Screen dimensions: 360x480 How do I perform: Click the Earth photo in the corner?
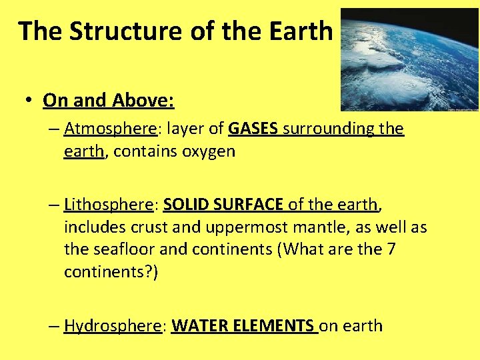click(409, 59)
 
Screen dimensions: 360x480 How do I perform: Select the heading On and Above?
click(109, 101)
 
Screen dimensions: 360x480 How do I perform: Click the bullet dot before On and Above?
click(29, 101)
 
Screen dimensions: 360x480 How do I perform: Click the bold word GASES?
click(253, 128)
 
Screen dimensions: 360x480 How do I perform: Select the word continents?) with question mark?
click(111, 273)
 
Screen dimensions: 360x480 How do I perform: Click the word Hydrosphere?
click(113, 326)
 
